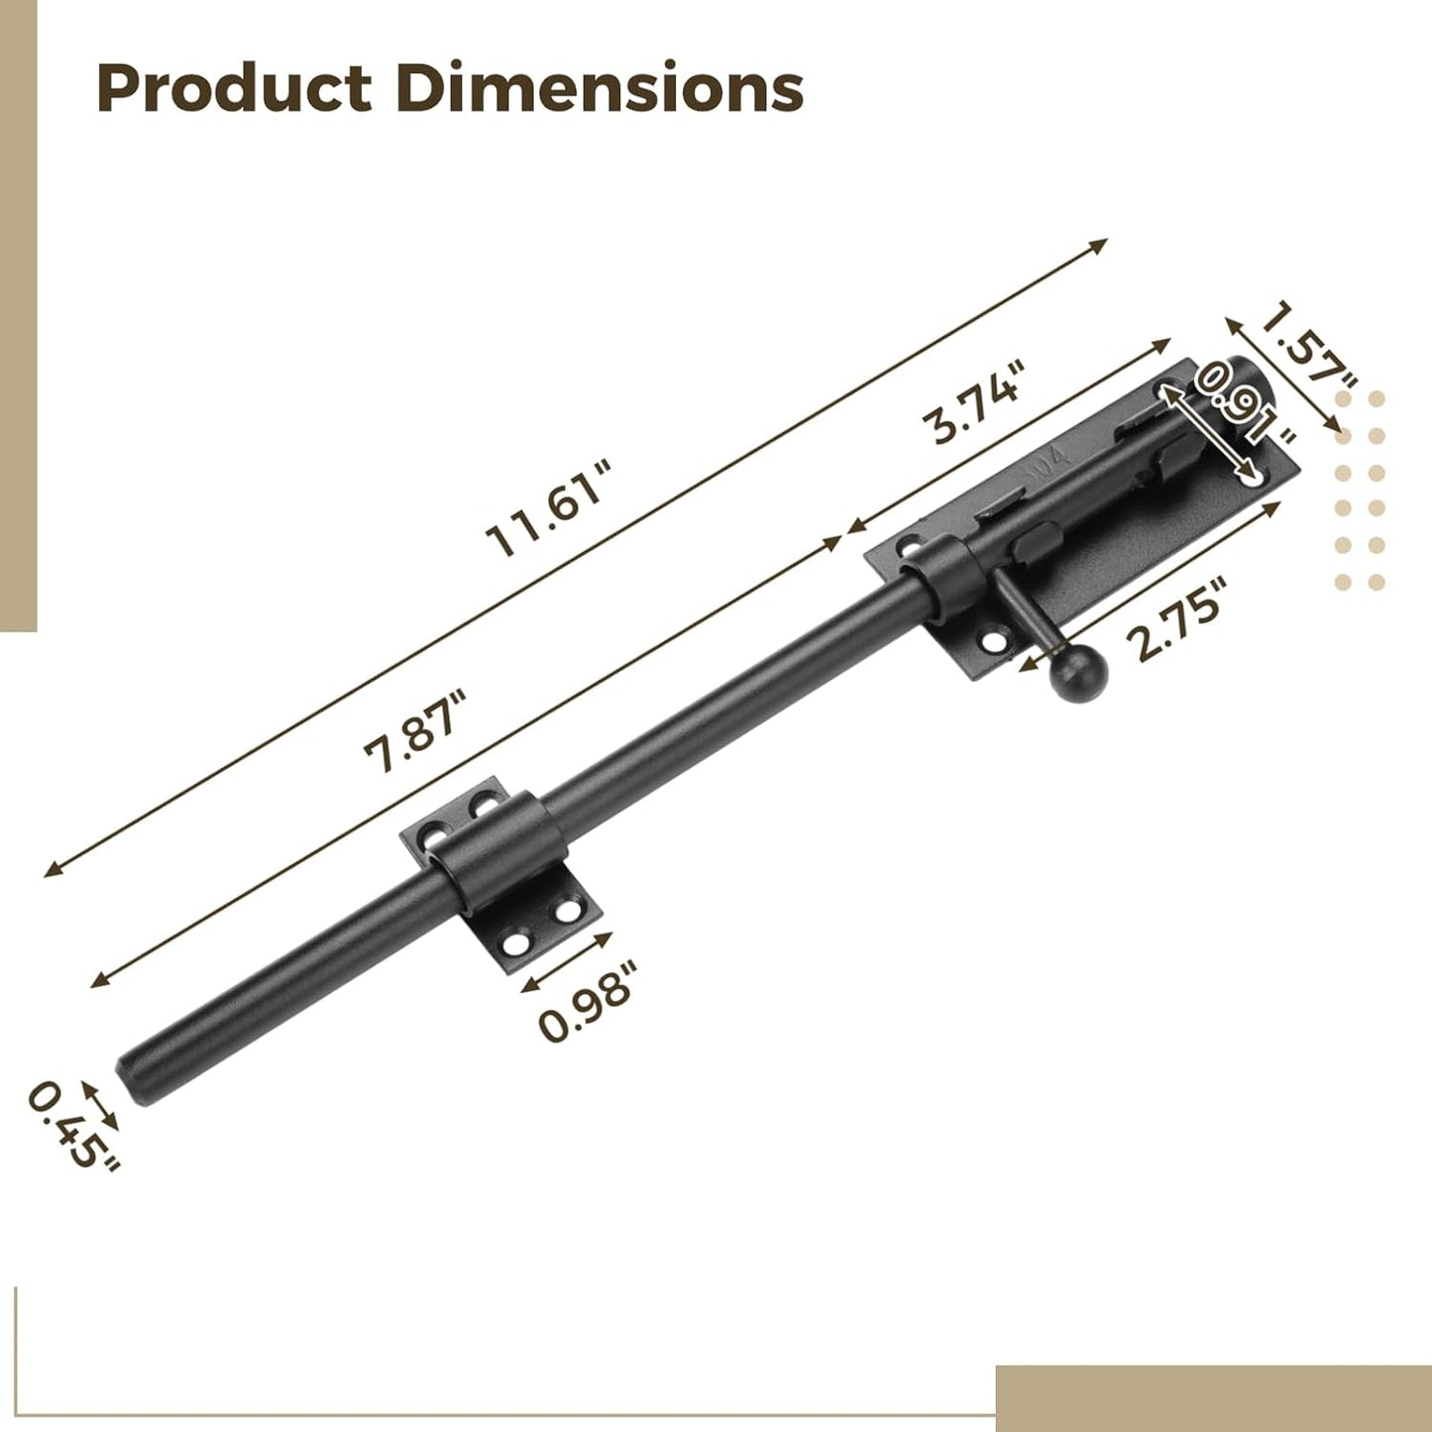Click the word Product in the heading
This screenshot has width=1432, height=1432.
pyautogui.click(x=234, y=88)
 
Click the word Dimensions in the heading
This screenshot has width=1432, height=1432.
pyautogui.click(x=599, y=88)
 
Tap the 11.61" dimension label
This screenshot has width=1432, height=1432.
pyautogui.click(x=550, y=508)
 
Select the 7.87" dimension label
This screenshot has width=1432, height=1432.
pyautogui.click(x=413, y=730)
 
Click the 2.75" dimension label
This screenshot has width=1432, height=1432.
pyautogui.click(x=1176, y=620)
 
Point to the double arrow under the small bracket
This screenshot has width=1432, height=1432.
pyautogui.click(x=566, y=962)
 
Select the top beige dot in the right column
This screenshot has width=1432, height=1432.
pyautogui.click(x=1376, y=399)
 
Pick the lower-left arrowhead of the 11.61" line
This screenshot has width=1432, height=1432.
pyautogui.click(x=50, y=871)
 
